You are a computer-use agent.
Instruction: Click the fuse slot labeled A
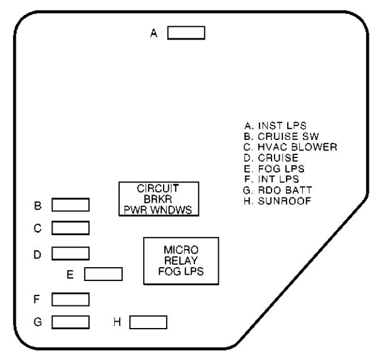[186, 33]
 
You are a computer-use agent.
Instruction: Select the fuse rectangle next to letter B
[70, 204]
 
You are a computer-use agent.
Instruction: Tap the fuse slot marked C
[70, 227]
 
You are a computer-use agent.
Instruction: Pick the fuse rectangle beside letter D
[70, 253]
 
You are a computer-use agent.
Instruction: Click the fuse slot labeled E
[103, 273]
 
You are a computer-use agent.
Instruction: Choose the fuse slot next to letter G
[70, 322]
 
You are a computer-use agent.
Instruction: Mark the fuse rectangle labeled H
[148, 322]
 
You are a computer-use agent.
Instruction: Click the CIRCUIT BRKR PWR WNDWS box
[159, 199]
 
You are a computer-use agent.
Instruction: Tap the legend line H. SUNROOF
[273, 201]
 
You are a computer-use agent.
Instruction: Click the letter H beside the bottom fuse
[117, 322]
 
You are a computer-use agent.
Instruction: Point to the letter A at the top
[154, 33]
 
